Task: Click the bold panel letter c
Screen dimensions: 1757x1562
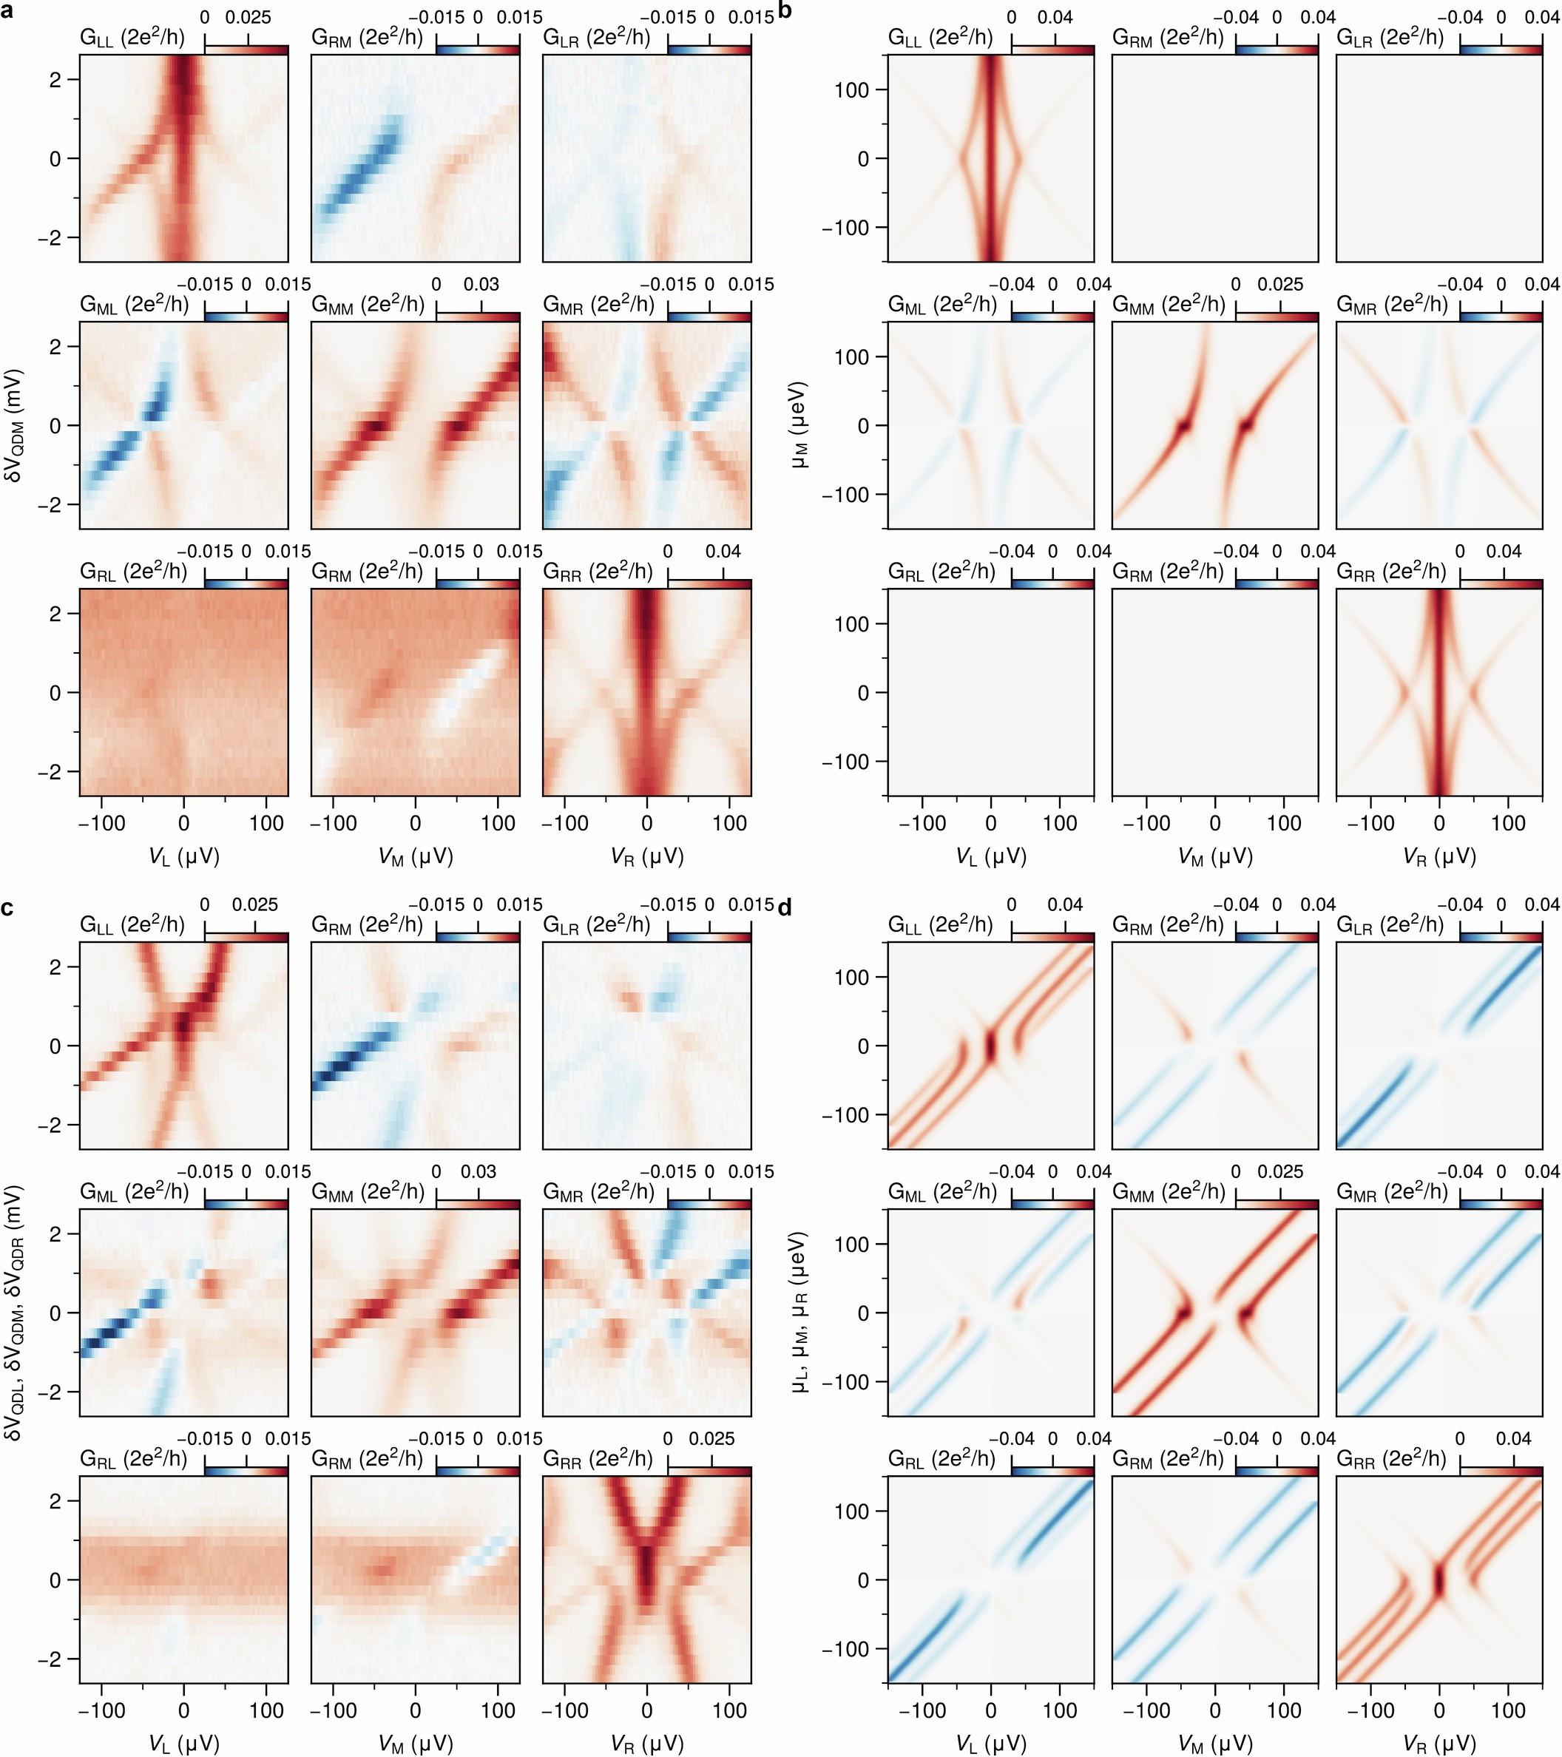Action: click(7, 908)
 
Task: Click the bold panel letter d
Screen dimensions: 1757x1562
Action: click(784, 908)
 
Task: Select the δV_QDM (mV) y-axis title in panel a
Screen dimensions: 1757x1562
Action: click(16, 424)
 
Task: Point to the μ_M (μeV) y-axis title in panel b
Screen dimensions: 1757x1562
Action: click(800, 424)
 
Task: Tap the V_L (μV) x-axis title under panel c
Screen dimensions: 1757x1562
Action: click(183, 1743)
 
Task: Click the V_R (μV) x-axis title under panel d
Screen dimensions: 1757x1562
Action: click(1439, 1743)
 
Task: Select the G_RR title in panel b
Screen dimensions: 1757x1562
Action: click(1392, 572)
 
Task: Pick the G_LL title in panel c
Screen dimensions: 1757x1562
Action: click(132, 925)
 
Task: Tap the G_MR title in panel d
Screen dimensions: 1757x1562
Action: click(1393, 1192)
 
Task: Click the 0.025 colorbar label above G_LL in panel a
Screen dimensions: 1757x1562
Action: click(248, 17)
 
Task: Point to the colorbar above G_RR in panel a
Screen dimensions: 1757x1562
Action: click(709, 583)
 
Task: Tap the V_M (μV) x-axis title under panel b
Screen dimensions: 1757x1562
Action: click(1214, 856)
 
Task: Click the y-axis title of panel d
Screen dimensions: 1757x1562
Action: click(800, 1313)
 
